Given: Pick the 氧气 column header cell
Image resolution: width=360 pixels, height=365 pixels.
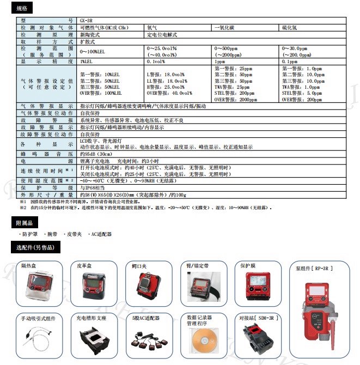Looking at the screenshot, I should (152, 26).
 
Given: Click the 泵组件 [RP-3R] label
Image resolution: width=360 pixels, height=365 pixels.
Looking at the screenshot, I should (314, 269).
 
